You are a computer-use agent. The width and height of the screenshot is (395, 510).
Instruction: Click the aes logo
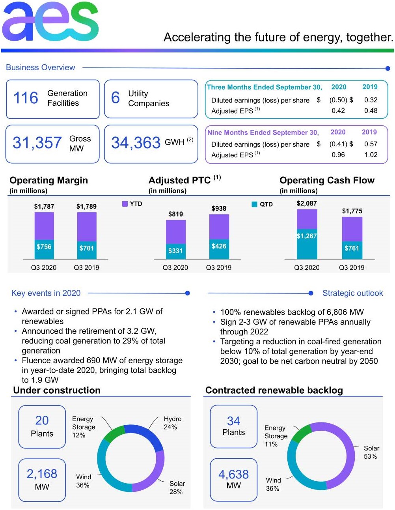[x=50, y=22]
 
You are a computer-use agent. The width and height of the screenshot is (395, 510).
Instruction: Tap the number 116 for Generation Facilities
[x=26, y=98]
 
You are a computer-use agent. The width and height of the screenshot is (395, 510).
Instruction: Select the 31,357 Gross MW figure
[x=37, y=143]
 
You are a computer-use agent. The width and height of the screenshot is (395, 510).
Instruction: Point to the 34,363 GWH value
[x=136, y=143]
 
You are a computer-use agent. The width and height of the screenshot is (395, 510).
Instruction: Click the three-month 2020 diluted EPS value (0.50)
[x=338, y=100]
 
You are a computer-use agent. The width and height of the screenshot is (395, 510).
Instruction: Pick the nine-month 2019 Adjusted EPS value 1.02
[x=371, y=155]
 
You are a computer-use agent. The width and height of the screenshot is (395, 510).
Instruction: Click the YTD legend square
[x=125, y=204]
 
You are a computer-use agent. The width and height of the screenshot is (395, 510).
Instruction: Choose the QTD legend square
[x=255, y=204]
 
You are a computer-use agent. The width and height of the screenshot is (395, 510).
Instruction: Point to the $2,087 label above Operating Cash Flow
[x=307, y=204]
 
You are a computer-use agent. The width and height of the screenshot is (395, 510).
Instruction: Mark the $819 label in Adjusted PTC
[x=175, y=214]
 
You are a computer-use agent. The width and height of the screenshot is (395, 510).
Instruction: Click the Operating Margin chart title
[x=48, y=180]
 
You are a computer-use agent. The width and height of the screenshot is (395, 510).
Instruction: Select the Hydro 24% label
[x=172, y=423]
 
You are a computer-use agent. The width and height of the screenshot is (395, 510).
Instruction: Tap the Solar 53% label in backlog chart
[x=371, y=452]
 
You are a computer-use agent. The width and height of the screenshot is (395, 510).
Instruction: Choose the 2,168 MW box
[x=42, y=480]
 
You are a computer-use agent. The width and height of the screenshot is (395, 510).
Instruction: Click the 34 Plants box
[x=233, y=426]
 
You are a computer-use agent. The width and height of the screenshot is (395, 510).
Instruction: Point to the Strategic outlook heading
[x=352, y=293]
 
